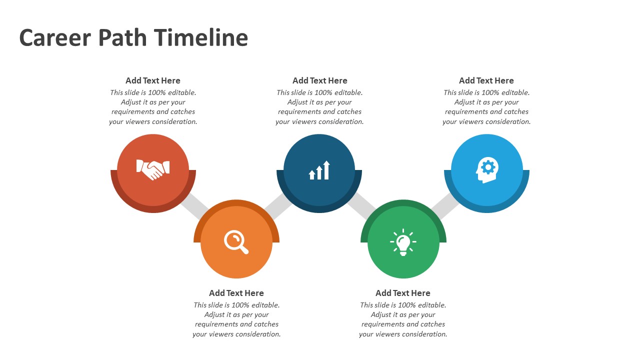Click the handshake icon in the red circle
[153, 169]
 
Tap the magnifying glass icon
[236, 242]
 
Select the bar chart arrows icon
[319, 170]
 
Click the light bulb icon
[403, 242]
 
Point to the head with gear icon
[487, 170]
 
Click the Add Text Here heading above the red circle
[153, 80]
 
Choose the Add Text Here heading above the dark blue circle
[319, 80]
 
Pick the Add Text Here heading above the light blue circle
[486, 80]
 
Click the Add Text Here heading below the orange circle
[236, 293]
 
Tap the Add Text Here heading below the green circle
[403, 293]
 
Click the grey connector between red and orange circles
[194, 205]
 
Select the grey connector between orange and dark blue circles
[278, 205]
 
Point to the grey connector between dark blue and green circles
[361, 205]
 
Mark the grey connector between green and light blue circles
[445, 205]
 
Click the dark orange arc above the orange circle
[236, 203]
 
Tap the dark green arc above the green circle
[403, 203]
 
